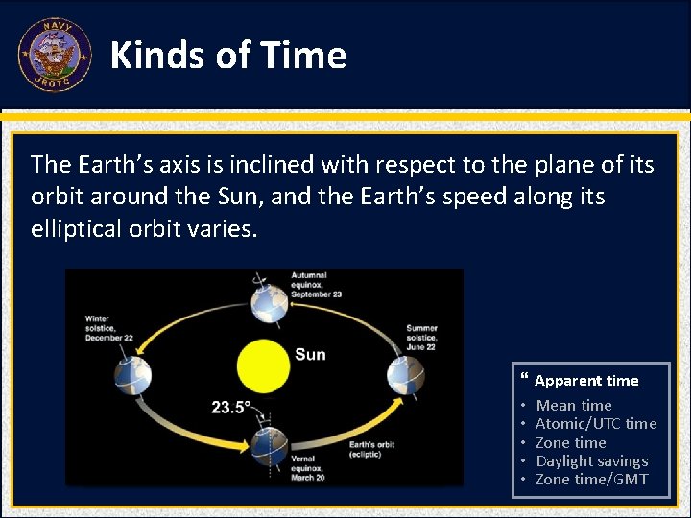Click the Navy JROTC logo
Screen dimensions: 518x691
tap(55, 55)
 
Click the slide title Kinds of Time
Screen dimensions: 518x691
tap(228, 56)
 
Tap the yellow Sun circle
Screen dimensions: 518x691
tap(263, 365)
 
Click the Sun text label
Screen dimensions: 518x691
tap(310, 355)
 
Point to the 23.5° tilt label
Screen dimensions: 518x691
tap(231, 407)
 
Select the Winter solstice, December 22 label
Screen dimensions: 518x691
tap(109, 328)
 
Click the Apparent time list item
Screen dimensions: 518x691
tap(585, 381)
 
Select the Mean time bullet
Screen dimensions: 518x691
tap(573, 406)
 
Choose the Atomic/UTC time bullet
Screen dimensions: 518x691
tap(595, 424)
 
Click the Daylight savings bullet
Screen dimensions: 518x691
tap(591, 461)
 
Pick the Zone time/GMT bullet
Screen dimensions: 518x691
tap(591, 480)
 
